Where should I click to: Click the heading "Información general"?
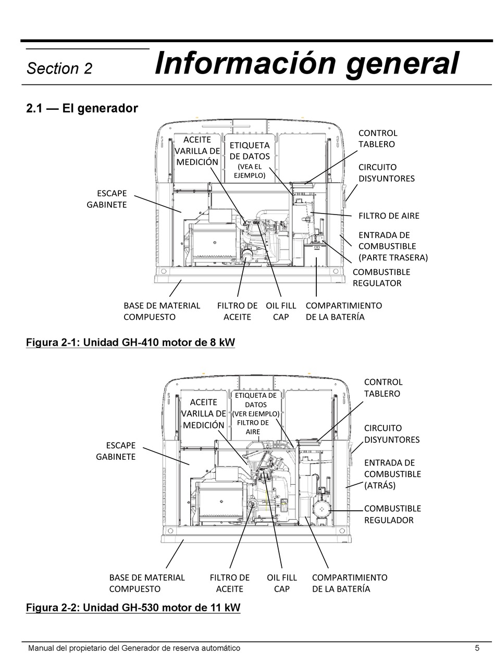click(307, 64)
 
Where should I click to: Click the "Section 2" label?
click(59, 69)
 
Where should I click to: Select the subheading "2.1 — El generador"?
click(82, 108)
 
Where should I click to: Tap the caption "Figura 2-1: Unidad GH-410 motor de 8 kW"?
click(130, 342)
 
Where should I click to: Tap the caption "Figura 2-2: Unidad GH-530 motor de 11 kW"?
click(133, 607)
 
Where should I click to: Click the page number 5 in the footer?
click(477, 648)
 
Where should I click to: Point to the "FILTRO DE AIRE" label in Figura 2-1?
click(389, 216)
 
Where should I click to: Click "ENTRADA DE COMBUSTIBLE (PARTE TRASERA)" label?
click(393, 246)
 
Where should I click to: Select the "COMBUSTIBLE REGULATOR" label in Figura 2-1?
click(381, 278)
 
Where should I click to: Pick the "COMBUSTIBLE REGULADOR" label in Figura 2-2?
click(392, 514)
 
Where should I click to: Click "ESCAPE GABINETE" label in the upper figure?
click(106, 199)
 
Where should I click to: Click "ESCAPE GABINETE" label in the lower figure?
click(116, 451)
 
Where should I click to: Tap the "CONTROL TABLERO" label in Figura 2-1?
click(377, 139)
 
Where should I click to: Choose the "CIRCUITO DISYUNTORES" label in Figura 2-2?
click(391, 434)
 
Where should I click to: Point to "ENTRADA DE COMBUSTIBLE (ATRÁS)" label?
click(392, 474)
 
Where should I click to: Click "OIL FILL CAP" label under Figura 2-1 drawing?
click(280, 311)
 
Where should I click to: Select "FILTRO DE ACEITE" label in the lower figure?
click(229, 583)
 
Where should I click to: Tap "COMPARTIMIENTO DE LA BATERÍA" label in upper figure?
click(343, 311)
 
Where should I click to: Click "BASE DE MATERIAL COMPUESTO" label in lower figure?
click(146, 583)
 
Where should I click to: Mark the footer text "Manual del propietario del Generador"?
click(134, 648)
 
